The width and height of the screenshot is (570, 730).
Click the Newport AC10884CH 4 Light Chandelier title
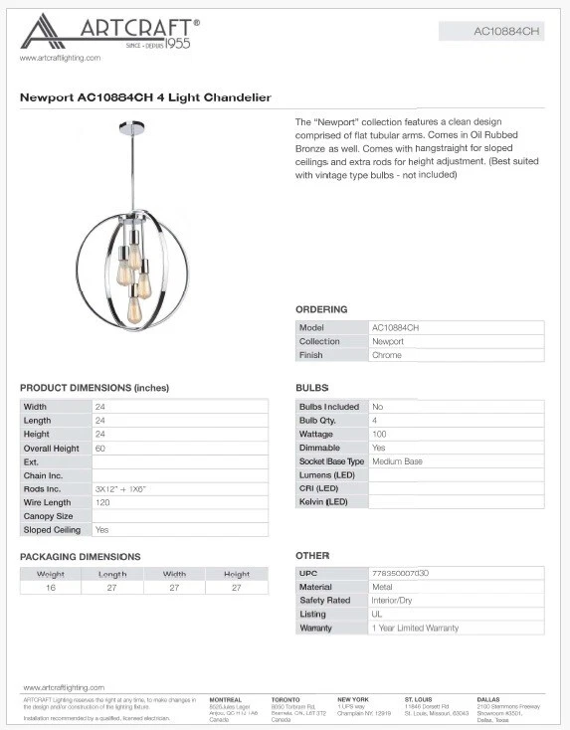[x=145, y=97]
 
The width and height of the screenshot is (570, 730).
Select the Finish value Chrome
[x=387, y=355]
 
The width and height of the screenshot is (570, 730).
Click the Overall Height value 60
[x=100, y=449]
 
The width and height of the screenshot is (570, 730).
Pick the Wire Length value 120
[x=102, y=503]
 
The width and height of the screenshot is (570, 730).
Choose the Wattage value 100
[x=379, y=435]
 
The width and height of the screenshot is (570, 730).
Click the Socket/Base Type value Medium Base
[x=398, y=461]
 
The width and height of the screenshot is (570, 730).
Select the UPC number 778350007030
[x=400, y=574]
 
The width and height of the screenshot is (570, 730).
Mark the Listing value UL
[x=377, y=615]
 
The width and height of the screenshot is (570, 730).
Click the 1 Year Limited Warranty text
[x=415, y=629]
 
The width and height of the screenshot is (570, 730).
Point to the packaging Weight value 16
[x=51, y=588]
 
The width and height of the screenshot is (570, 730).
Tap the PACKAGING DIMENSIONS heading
[x=81, y=557]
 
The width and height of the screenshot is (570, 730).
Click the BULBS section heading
[x=311, y=388]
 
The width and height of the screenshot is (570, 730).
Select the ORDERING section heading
[x=321, y=309]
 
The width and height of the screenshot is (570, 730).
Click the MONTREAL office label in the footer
[x=226, y=699]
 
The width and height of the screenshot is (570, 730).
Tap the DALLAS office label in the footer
[x=488, y=699]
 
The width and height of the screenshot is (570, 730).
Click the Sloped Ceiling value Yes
[x=101, y=530]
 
